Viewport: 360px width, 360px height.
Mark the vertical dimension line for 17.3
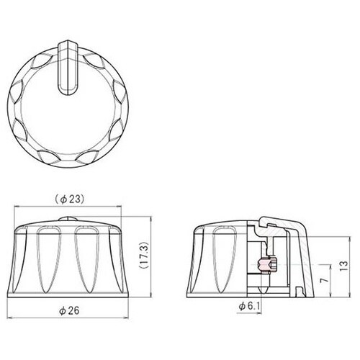(135, 256)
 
